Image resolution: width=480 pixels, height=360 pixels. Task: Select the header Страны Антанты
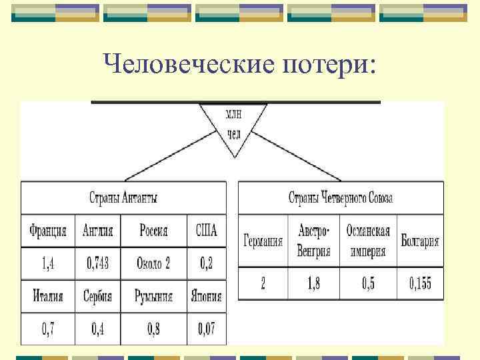(x=123, y=198)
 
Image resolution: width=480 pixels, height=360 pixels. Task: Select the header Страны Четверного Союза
(x=341, y=198)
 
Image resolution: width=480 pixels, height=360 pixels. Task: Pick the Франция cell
(x=48, y=231)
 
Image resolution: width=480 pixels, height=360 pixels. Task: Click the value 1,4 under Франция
(x=48, y=263)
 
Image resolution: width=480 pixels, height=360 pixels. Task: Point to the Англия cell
(x=98, y=231)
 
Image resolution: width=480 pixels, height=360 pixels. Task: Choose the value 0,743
(x=98, y=263)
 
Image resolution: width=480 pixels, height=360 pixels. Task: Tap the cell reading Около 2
(x=153, y=263)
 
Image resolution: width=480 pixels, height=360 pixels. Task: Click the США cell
(x=207, y=231)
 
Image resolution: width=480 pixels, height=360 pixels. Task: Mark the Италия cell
(x=48, y=296)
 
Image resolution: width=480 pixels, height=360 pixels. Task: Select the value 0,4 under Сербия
(x=98, y=328)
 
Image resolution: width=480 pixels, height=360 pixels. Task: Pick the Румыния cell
(x=153, y=296)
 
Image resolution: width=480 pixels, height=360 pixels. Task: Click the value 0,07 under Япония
(x=207, y=328)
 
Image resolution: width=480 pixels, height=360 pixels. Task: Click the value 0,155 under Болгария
(x=420, y=284)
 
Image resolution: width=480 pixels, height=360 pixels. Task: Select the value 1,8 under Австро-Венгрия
(x=314, y=284)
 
